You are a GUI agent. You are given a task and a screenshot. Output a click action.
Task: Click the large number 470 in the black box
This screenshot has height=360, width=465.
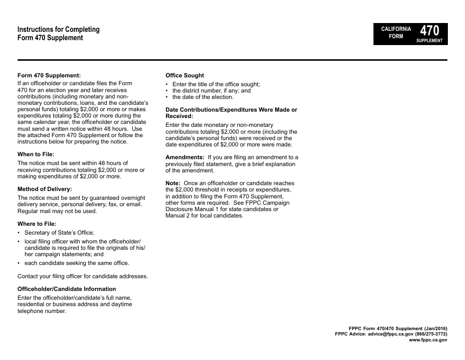(430, 30)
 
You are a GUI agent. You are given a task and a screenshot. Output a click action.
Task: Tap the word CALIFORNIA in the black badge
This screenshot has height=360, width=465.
(396, 29)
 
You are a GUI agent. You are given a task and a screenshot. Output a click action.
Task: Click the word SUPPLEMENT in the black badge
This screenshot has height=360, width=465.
(429, 41)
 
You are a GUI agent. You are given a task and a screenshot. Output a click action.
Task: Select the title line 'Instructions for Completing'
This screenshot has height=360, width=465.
(58, 29)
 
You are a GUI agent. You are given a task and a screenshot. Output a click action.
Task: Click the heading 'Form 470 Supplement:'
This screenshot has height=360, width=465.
(49, 75)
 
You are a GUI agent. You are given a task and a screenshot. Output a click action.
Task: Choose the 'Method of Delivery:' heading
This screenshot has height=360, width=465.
(45, 189)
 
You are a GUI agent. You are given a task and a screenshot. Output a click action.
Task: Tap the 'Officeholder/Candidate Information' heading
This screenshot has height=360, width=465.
(67, 289)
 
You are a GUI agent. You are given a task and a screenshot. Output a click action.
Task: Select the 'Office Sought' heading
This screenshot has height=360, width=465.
(185, 75)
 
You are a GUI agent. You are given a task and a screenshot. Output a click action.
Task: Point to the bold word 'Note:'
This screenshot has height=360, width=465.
(173, 183)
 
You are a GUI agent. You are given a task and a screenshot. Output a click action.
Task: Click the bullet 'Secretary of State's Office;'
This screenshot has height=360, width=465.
(59, 233)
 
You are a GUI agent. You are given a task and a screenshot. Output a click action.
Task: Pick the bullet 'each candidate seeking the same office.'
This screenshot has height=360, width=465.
(76, 263)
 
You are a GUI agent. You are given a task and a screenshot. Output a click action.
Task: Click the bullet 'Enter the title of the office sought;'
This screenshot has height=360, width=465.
(216, 84)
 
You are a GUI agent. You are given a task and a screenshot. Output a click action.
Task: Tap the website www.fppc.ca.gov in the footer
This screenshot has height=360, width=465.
(428, 339)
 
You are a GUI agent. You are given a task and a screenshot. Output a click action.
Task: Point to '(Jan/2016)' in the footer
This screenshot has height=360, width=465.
(433, 328)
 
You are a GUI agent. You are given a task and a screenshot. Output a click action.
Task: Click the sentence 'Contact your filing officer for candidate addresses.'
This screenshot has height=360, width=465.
(82, 276)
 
